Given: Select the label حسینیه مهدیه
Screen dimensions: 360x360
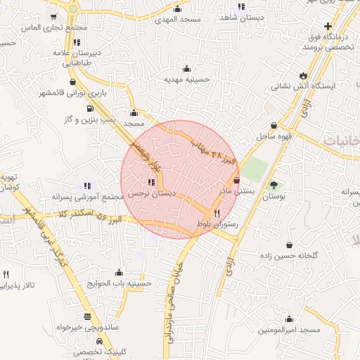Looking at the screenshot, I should (x=188, y=79).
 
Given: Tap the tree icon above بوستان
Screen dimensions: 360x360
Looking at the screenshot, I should (x=273, y=185).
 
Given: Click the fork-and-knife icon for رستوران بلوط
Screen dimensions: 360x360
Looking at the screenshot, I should (x=217, y=213).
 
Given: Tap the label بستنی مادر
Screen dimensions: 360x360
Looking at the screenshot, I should (x=233, y=191).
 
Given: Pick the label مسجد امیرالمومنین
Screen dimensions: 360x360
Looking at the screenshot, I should (x=289, y=329).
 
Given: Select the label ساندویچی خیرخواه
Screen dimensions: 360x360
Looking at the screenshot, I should (x=84, y=327).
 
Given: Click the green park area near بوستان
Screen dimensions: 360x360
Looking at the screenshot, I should (x=255, y=169).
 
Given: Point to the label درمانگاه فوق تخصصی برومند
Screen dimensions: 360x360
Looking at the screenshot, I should (x=308, y=40).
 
